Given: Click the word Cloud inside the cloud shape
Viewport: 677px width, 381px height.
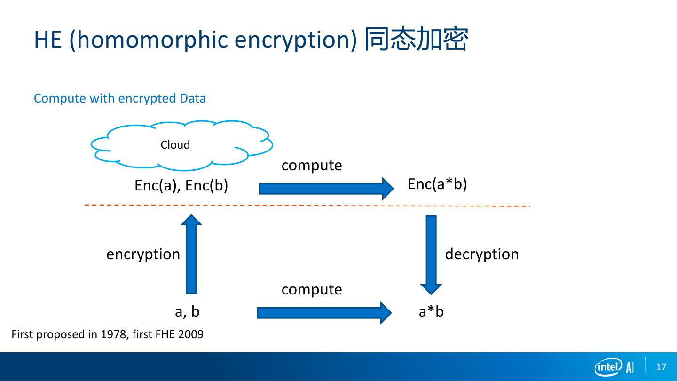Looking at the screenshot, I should click(x=175, y=145).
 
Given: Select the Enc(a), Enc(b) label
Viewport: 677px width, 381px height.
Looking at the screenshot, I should click(x=181, y=186).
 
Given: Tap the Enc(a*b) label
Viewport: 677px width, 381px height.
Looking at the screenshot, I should click(x=437, y=184).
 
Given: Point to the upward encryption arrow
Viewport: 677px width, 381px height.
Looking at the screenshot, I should click(x=191, y=254).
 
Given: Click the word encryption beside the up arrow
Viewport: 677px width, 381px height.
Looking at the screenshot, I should click(x=143, y=254).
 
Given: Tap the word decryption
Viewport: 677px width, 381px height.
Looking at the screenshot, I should click(x=481, y=254).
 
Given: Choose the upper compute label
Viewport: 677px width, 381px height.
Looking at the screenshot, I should click(x=312, y=166).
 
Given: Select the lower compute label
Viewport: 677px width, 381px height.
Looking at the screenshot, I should click(x=312, y=289).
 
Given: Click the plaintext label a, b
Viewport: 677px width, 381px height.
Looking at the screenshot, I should click(x=187, y=311).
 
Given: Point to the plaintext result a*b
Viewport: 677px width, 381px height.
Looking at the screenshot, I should click(x=431, y=311).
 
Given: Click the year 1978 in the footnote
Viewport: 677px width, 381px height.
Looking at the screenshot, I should click(x=113, y=334).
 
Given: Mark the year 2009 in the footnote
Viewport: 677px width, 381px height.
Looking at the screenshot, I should click(x=191, y=334).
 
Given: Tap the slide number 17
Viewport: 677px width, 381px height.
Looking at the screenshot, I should click(x=661, y=367).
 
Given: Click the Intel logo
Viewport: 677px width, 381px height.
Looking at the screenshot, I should click(x=608, y=367).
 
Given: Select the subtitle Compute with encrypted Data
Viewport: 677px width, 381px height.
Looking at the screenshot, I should click(x=120, y=98).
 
